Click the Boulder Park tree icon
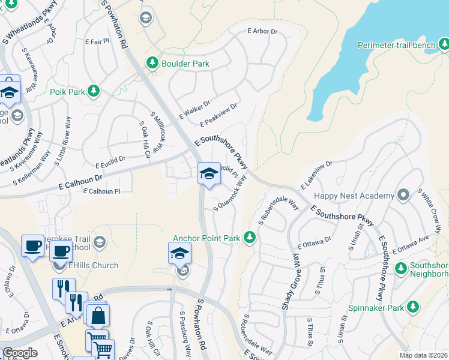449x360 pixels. click(152, 63)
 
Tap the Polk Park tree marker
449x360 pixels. click(93, 91)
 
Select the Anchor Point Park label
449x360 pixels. click(206, 238)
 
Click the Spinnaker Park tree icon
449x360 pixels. click(412, 307)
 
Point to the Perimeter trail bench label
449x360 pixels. click(396, 45)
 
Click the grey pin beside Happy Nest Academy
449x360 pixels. click(405, 194)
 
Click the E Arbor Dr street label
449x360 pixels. click(263, 31)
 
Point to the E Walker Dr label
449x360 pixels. click(194, 109)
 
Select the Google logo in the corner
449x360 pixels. click(20, 353)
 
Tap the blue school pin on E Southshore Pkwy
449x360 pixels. click(208, 174)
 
